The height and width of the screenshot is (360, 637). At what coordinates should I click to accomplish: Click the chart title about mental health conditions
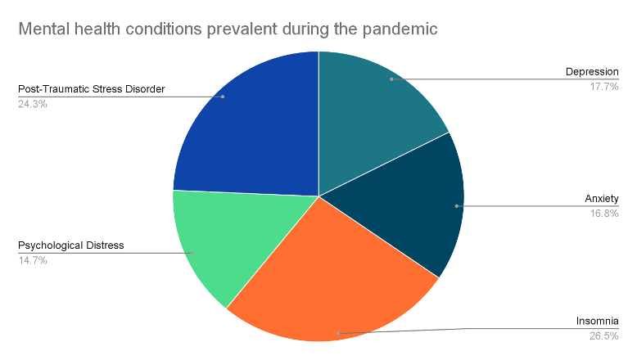pyautogui.click(x=228, y=29)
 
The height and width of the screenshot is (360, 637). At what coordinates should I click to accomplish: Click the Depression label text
pyautogui.click(x=592, y=72)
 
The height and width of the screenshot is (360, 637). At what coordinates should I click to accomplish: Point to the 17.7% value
pyautogui.click(x=604, y=87)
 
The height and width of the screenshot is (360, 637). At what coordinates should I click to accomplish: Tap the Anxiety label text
pyautogui.click(x=602, y=199)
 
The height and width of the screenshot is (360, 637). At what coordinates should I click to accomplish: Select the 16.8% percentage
pyautogui.click(x=604, y=214)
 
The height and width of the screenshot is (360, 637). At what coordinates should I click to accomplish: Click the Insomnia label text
pyautogui.click(x=597, y=321)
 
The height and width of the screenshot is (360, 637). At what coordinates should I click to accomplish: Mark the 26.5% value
pyautogui.click(x=604, y=336)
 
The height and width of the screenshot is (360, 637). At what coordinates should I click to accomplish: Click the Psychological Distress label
pyautogui.click(x=71, y=245)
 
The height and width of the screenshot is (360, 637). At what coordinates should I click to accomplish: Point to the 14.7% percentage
pyautogui.click(x=33, y=260)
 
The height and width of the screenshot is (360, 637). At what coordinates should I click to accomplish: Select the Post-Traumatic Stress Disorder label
pyautogui.click(x=92, y=89)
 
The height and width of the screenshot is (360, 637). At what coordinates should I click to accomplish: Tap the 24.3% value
pyautogui.click(x=33, y=104)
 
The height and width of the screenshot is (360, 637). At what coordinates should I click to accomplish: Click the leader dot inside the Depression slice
pyautogui.click(x=391, y=79)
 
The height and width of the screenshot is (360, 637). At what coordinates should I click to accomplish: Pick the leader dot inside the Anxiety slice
pyautogui.click(x=457, y=206)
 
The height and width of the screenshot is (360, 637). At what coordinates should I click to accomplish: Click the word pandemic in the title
pyautogui.click(x=400, y=29)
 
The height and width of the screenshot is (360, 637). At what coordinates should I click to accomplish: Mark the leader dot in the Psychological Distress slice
pyautogui.click(x=192, y=253)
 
